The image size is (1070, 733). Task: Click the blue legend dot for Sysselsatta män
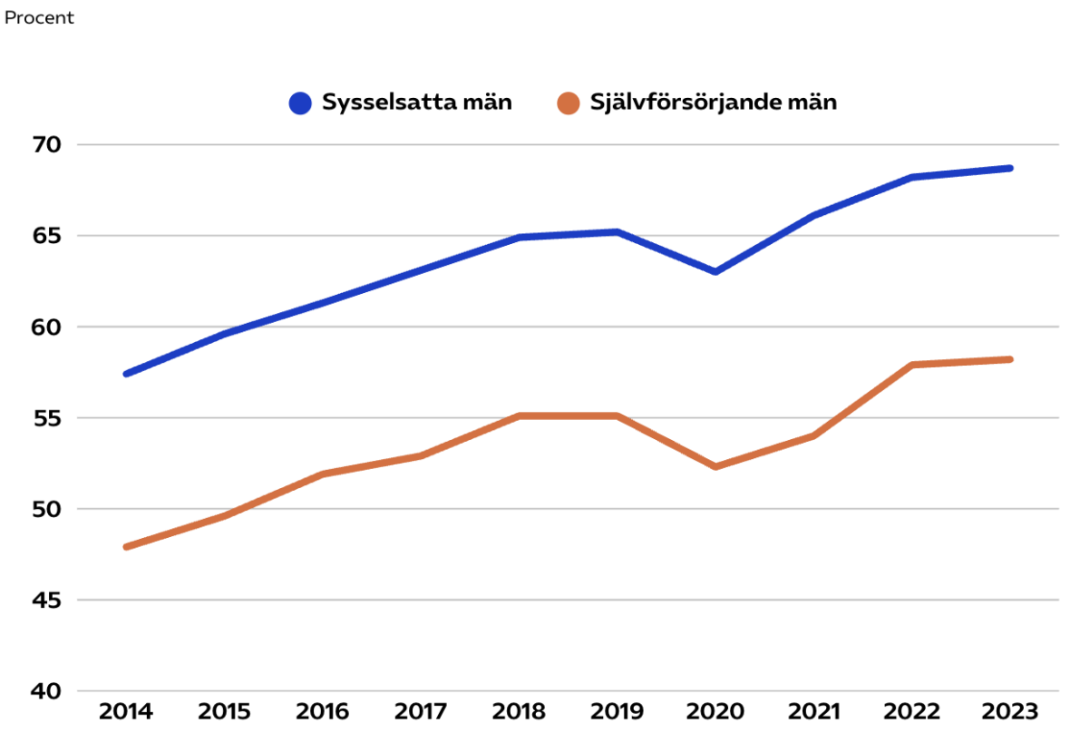(x=300, y=103)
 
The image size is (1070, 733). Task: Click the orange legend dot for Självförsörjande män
(x=569, y=103)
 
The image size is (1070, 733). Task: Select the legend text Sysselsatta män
(x=417, y=103)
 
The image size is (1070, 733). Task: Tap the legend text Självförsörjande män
(x=714, y=103)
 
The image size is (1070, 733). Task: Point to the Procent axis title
(x=39, y=18)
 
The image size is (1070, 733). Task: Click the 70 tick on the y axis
(x=46, y=145)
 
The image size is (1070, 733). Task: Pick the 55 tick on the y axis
(x=46, y=418)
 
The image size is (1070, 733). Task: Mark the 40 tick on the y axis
(x=46, y=691)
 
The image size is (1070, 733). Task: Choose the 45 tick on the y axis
(x=46, y=601)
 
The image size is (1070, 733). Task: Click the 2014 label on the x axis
(x=126, y=710)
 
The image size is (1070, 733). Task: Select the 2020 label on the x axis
(x=715, y=710)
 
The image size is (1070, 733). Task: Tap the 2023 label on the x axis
(x=1010, y=710)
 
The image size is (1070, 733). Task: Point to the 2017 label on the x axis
(x=421, y=710)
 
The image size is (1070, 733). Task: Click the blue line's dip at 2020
(x=715, y=271)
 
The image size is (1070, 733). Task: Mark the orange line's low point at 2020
(x=715, y=466)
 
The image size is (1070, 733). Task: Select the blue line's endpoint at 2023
(x=1010, y=168)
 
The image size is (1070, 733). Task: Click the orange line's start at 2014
(x=126, y=547)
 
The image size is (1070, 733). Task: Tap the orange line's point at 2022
(x=912, y=365)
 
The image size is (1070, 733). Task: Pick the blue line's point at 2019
(x=618, y=232)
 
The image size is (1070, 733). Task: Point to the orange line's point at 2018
(x=519, y=416)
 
